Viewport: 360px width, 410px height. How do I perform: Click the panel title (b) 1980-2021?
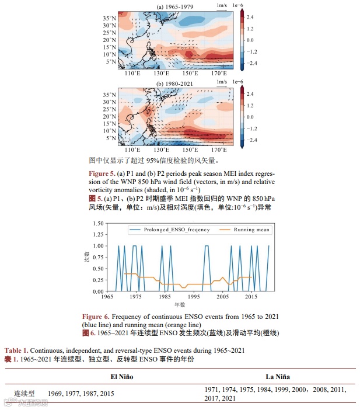click(x=175, y=83)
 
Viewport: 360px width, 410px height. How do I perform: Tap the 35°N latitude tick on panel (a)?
click(x=109, y=18)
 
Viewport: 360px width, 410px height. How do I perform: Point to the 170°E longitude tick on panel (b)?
click(x=219, y=150)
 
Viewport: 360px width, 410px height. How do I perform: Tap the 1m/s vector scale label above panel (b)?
click(x=221, y=82)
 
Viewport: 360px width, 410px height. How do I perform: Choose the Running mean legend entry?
click(x=251, y=230)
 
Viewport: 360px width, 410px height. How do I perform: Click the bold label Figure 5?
click(x=103, y=174)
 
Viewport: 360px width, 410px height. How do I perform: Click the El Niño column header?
click(x=121, y=377)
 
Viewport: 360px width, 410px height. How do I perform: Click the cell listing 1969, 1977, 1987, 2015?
click(x=82, y=394)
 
